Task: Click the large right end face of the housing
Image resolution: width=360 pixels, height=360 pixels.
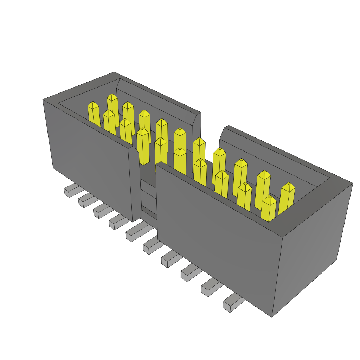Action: tap(311, 246)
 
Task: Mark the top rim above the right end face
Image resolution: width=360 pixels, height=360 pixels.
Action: tap(316, 207)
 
